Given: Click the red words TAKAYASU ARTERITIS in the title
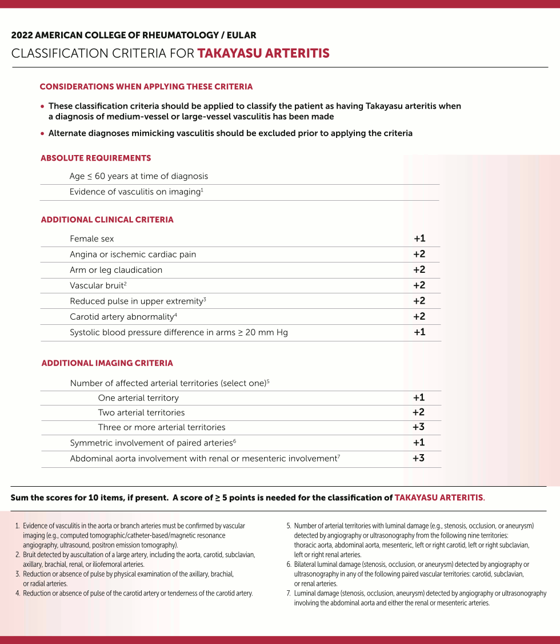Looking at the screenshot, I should (x=263, y=54).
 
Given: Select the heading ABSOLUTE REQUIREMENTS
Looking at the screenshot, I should (x=96, y=158).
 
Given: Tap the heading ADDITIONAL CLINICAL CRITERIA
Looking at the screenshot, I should (x=107, y=220).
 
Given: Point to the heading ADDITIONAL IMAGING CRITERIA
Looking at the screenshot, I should (x=107, y=363).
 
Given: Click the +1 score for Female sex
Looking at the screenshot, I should (x=419, y=238).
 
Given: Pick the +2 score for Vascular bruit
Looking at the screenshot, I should (x=419, y=285).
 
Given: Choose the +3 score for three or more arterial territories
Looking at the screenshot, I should (x=419, y=427).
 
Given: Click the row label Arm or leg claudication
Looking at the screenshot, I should (x=116, y=270).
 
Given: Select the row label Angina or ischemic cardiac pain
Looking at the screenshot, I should (x=133, y=255).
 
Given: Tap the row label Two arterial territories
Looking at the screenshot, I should (x=141, y=412).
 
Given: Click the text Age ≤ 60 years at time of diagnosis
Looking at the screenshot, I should (x=139, y=176).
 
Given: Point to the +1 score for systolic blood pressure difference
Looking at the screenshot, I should (x=419, y=332).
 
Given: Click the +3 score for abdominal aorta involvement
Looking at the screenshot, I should (x=419, y=458).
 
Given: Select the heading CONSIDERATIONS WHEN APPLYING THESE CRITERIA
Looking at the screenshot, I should (x=146, y=87).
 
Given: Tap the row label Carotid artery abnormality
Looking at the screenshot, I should (x=122, y=317).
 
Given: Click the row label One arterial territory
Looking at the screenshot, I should (x=138, y=398).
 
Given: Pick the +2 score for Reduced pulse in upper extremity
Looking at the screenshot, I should (x=419, y=301).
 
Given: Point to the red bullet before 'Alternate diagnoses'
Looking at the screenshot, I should (x=42, y=134).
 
